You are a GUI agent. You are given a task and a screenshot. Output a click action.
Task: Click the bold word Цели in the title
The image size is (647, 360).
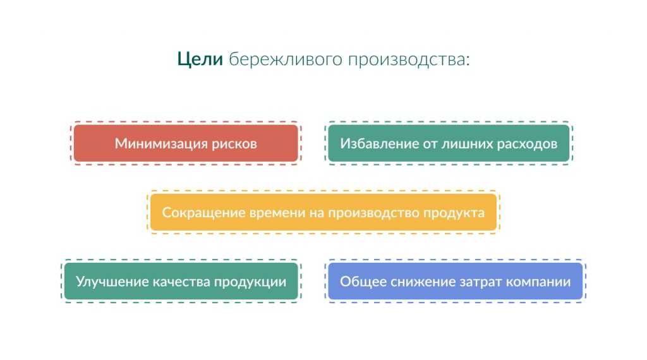point(200,59)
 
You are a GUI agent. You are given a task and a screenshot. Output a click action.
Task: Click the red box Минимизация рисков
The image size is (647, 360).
point(186,143)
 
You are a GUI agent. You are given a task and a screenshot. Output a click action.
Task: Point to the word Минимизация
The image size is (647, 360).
point(161,144)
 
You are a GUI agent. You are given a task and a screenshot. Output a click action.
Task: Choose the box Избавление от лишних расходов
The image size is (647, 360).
point(449,143)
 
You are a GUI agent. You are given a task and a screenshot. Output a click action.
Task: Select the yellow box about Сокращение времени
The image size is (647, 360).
point(323,212)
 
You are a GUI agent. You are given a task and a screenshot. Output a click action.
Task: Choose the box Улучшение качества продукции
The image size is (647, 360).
point(181,281)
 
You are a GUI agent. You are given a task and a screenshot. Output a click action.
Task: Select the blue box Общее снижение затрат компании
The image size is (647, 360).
point(455,281)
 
